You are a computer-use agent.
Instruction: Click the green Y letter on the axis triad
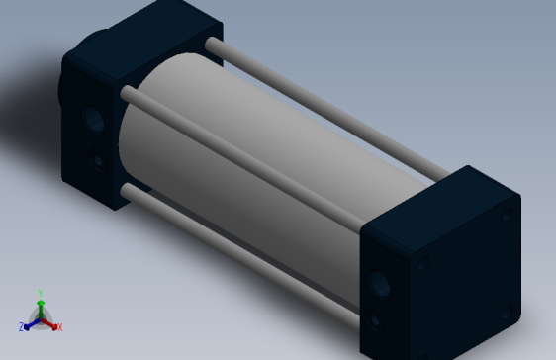(40, 292)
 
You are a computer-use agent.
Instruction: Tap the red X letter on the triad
(59, 326)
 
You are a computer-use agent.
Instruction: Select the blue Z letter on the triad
(21, 326)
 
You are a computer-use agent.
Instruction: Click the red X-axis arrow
(50, 322)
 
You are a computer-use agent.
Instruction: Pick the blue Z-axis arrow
(30, 322)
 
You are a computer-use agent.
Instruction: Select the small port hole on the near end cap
(375, 320)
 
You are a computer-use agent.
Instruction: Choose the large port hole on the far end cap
(94, 120)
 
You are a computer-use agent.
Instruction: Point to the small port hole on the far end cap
(97, 157)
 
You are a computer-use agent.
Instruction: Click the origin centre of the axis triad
(40, 317)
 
